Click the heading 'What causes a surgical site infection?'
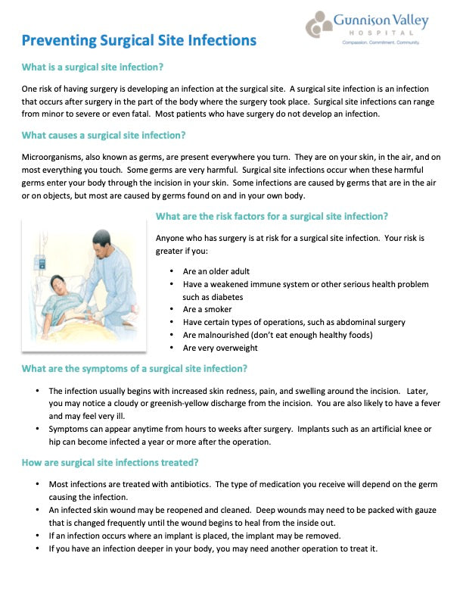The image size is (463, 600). pos(103,136)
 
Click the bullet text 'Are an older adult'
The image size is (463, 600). pos(216,271)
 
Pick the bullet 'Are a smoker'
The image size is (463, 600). pos(207,309)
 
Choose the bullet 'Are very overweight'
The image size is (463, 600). pos(220,348)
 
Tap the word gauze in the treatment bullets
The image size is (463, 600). pos(419,509)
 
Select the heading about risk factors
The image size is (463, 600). pos(271,216)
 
